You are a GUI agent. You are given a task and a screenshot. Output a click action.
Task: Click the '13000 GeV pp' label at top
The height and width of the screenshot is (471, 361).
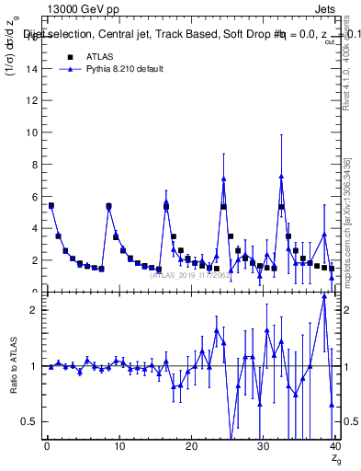[83, 10]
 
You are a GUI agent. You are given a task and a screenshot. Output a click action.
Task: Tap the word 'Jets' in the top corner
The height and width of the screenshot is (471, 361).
[324, 10]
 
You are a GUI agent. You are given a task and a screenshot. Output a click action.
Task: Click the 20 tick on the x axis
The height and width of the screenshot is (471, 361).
[191, 447]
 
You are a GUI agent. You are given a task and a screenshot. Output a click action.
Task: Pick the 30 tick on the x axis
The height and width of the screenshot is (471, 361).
[263, 447]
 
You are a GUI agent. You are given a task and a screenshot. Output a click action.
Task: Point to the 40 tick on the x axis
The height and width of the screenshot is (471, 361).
[334, 447]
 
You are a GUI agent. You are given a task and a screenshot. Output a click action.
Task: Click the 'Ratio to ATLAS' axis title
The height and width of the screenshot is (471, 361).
[12, 366]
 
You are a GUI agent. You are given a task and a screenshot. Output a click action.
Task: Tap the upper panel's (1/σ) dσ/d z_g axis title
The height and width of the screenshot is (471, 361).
[12, 55]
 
